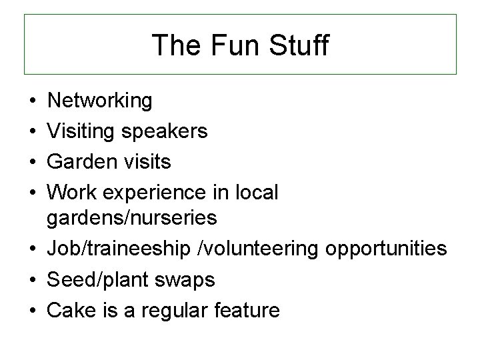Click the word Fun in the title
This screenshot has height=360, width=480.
pos(226,45)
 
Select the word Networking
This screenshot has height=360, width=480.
pos(100,101)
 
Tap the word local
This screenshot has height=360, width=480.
pos(255,193)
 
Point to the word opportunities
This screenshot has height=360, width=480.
pos(387,249)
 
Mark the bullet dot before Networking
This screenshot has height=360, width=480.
pos(32,102)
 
